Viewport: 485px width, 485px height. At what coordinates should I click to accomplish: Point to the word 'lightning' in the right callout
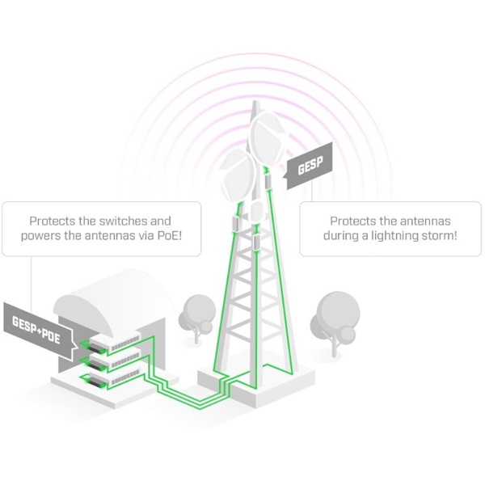click(391, 237)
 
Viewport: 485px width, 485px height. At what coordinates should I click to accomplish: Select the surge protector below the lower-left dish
click(236, 221)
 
